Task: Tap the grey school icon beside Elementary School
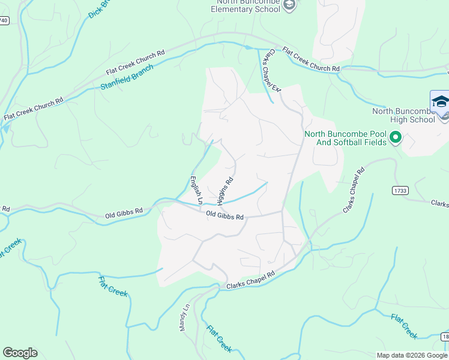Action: point(289,5)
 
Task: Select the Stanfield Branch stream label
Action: point(127,77)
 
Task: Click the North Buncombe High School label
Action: point(403,115)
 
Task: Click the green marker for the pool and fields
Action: point(395,139)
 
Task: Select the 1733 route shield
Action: point(400,190)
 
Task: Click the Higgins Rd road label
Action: point(225,190)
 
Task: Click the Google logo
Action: point(20,353)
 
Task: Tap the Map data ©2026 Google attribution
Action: point(412,355)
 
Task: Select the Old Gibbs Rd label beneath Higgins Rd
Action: point(224,215)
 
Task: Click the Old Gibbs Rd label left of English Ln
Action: point(124,212)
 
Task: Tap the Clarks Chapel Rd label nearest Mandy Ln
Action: point(251,280)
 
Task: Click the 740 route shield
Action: point(4,20)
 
